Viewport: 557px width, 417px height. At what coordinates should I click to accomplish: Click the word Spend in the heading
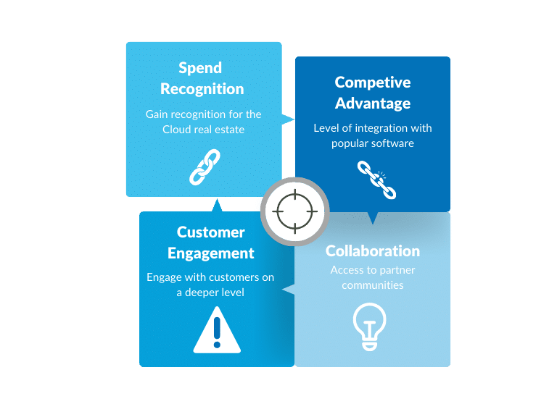(201, 67)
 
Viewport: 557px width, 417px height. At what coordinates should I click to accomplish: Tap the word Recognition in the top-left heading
(202, 89)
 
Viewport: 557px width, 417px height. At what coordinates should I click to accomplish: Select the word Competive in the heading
(372, 82)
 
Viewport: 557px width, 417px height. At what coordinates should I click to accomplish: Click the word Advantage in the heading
(372, 104)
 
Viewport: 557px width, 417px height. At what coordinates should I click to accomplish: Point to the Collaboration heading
(372, 251)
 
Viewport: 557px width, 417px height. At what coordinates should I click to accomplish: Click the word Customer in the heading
(210, 232)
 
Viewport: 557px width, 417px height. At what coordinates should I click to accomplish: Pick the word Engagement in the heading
(210, 253)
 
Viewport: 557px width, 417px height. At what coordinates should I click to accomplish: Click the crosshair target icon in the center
(294, 211)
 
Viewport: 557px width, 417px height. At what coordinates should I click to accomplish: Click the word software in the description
(392, 143)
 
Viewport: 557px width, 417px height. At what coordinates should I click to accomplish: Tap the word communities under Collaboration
(372, 285)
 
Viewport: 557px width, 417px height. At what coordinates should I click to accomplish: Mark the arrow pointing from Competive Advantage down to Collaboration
(373, 218)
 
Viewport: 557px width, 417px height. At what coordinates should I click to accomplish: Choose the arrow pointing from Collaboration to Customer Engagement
(289, 290)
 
